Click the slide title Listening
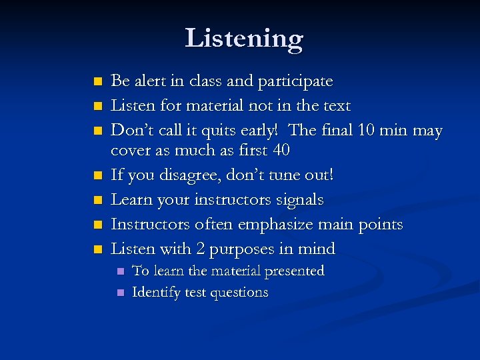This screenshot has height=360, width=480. click(x=244, y=39)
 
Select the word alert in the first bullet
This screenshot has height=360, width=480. click(x=151, y=81)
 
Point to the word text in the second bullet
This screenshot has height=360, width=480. click(x=335, y=105)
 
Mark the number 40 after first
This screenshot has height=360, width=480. click(x=281, y=151)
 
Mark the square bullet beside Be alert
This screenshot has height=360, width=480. click(x=98, y=82)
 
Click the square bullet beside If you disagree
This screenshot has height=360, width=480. click(x=98, y=176)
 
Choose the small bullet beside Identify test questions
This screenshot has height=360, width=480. click(x=120, y=293)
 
